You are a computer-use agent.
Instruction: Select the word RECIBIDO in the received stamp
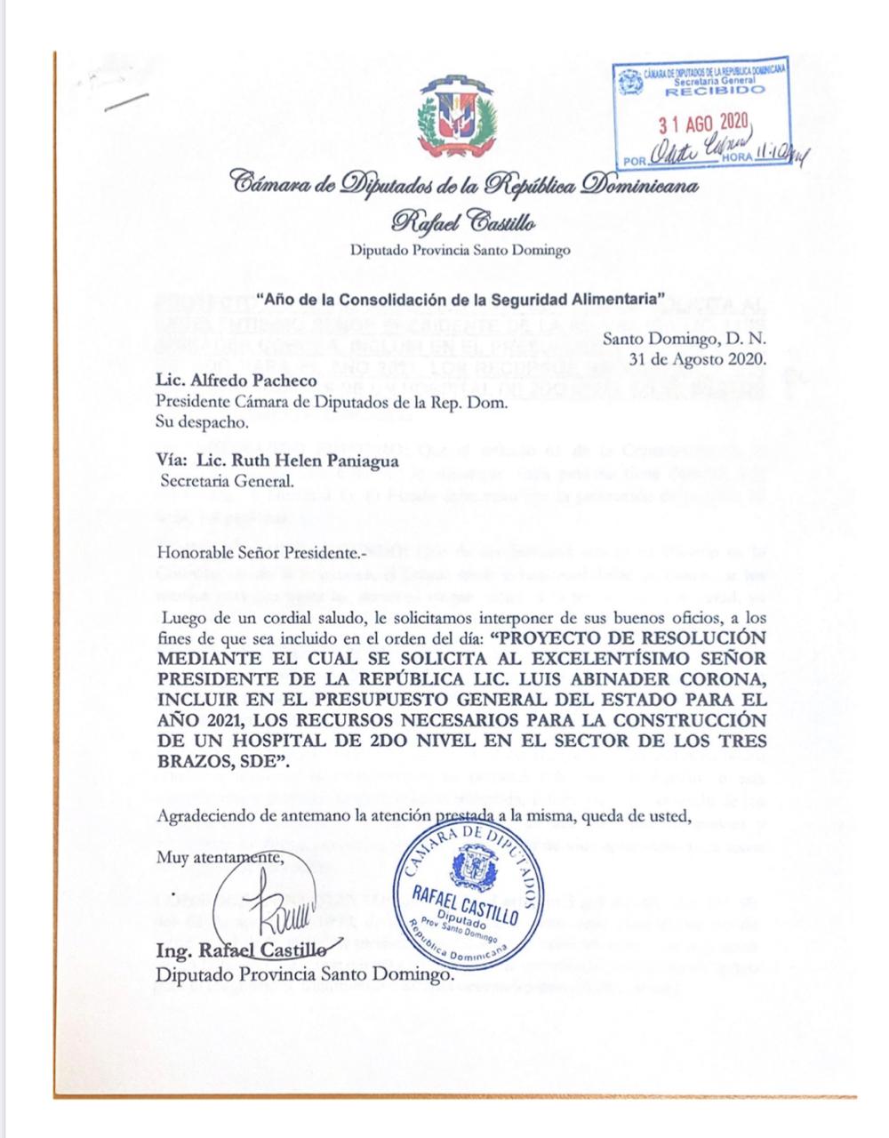pos(714,91)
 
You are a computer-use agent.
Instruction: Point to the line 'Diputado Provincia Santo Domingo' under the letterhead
pos(461,251)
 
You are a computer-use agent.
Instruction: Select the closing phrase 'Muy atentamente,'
pos(222,858)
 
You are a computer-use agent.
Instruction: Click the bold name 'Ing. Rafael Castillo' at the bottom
pos(233,953)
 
